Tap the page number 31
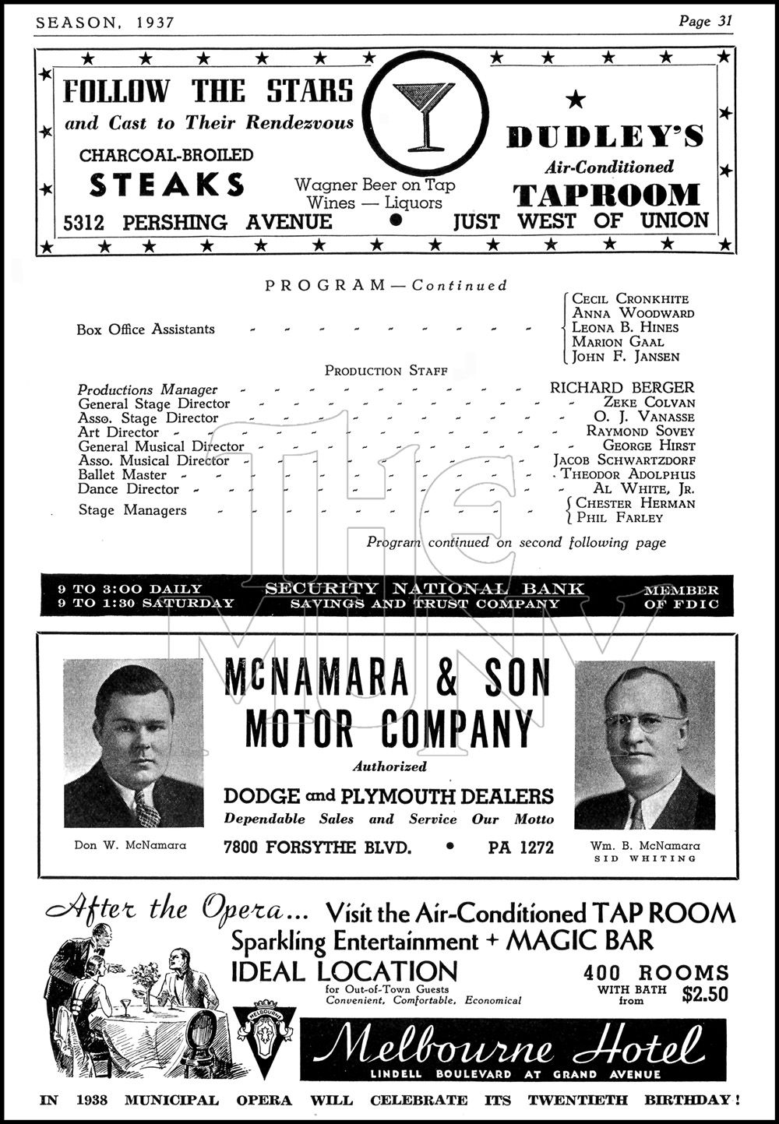(x=724, y=21)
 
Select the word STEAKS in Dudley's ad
(x=167, y=185)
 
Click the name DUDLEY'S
(x=605, y=137)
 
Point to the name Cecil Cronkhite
(x=630, y=299)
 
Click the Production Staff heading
(x=386, y=371)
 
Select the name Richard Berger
(x=622, y=387)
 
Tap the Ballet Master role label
(x=122, y=475)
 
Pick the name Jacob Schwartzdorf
(x=624, y=460)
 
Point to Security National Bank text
(x=425, y=589)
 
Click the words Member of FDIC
(x=681, y=597)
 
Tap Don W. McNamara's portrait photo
(x=133, y=743)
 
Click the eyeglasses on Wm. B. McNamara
(x=643, y=721)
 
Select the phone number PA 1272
(x=521, y=847)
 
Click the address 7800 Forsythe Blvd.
(x=317, y=847)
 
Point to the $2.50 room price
(x=704, y=994)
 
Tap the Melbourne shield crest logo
(x=266, y=1036)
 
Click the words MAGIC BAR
(x=580, y=941)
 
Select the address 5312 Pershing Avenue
(x=198, y=223)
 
